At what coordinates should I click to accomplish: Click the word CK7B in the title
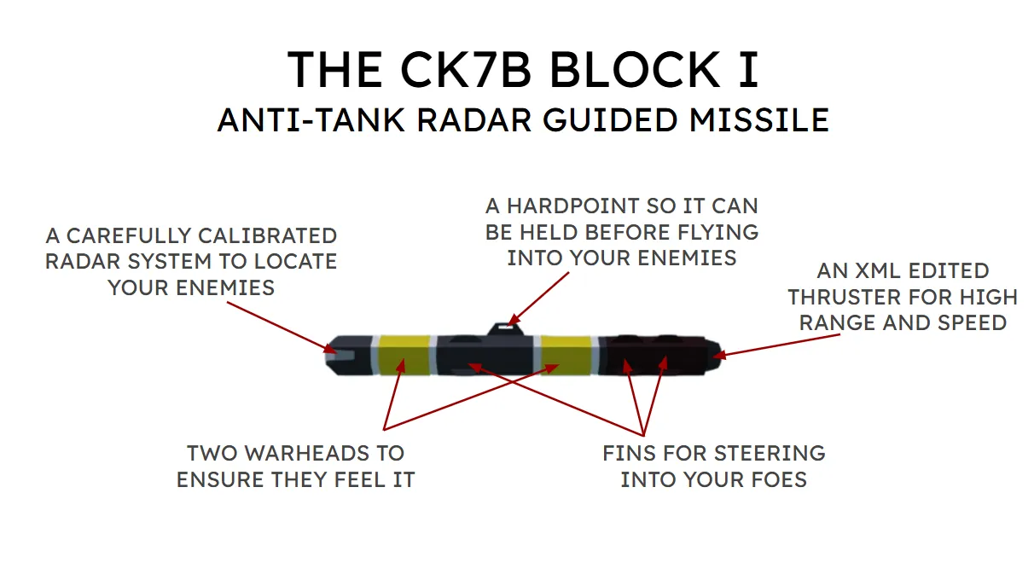coord(459,70)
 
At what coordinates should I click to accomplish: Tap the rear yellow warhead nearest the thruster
coord(566,356)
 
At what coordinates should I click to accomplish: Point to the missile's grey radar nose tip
coord(335,355)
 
